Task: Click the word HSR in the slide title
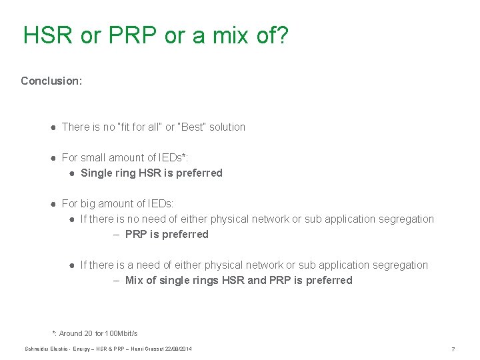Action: click(x=47, y=35)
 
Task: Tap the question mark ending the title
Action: click(x=282, y=35)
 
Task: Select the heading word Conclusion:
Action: click(x=51, y=81)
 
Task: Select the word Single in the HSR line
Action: click(x=97, y=173)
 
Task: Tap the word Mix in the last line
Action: click(x=135, y=280)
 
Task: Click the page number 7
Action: click(x=453, y=349)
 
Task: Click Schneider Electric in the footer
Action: click(x=46, y=349)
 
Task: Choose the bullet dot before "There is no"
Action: click(x=52, y=127)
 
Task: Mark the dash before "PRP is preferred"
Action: click(x=116, y=234)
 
